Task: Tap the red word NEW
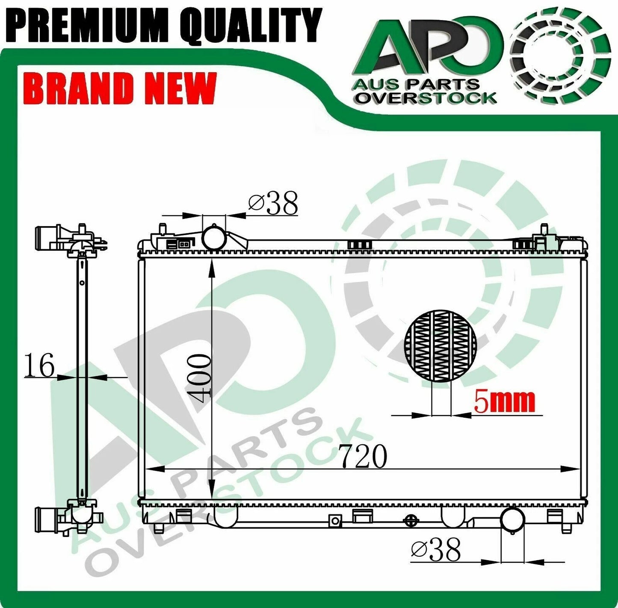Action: click(180, 88)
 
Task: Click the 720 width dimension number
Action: click(364, 456)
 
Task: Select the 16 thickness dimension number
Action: click(39, 366)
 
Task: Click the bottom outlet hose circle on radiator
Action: click(512, 518)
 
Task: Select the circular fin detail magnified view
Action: click(440, 345)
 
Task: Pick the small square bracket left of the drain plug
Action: click(335, 520)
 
